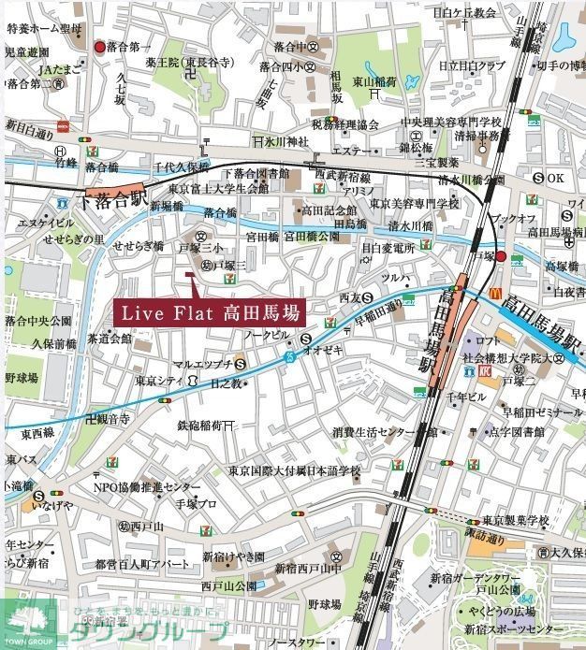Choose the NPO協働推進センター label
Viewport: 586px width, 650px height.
(x=146, y=487)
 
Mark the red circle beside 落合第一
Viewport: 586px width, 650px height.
(x=100, y=46)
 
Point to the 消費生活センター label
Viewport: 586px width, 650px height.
(x=378, y=432)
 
